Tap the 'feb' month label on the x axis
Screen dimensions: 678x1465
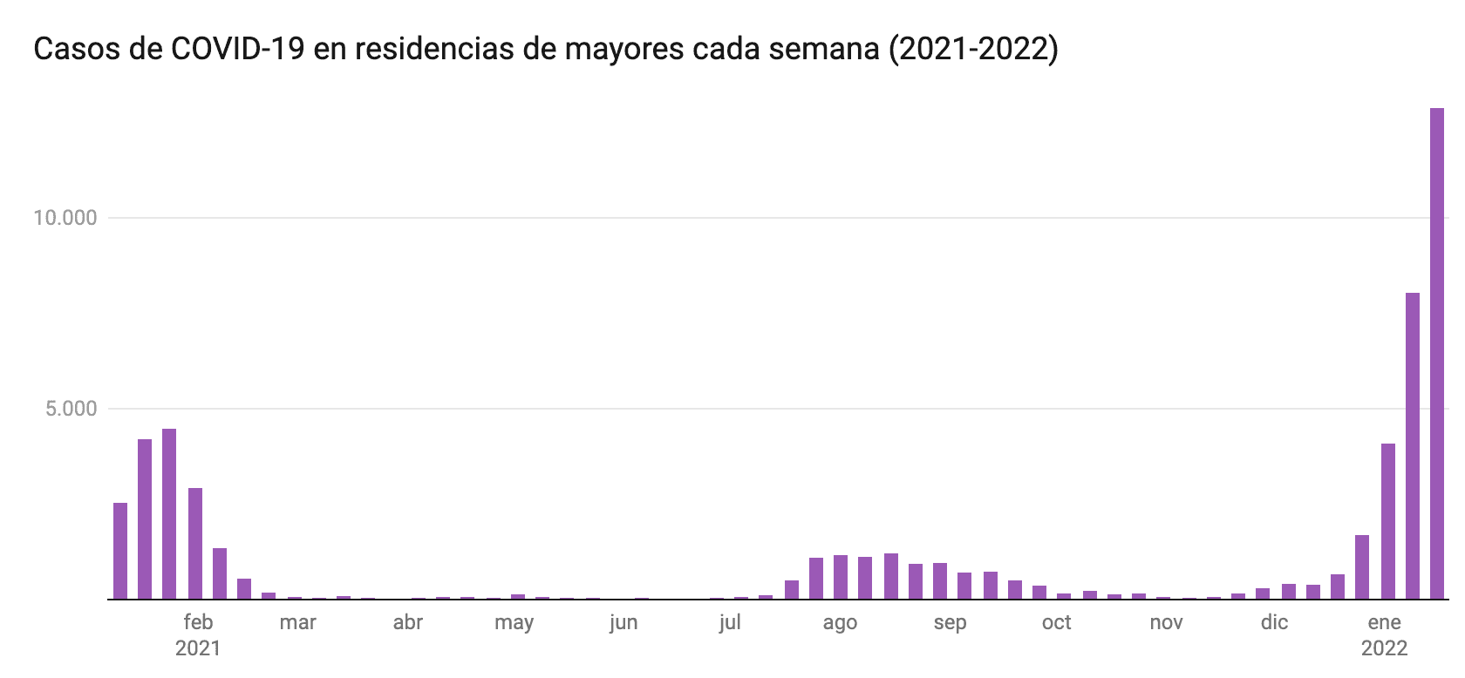coord(198,622)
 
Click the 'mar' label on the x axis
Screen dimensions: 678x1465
coord(297,622)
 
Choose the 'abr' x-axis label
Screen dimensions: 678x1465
coord(408,622)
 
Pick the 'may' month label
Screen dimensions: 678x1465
coord(514,624)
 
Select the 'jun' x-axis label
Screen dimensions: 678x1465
coord(623,624)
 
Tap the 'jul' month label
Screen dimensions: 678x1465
coord(730,622)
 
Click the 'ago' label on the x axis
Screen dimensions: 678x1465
coord(840,624)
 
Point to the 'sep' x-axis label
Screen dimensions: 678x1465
coord(950,624)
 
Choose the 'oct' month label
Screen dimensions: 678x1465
coord(1057,622)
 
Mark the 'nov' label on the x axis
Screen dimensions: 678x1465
coord(1166,622)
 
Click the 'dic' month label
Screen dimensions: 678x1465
coord(1274,622)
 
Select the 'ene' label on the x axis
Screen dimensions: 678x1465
coord(1384,622)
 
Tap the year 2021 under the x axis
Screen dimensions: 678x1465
coord(198,649)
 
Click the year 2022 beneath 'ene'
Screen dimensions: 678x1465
coord(1384,649)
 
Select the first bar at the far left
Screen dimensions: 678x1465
coord(120,551)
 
